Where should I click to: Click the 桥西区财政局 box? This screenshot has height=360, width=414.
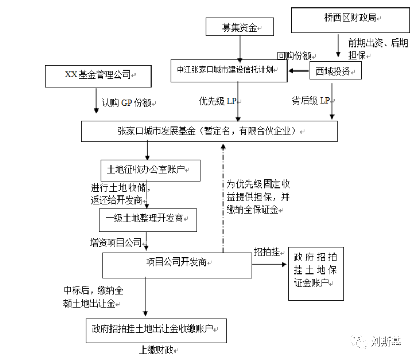point(351,20)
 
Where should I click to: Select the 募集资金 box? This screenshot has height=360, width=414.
point(240,27)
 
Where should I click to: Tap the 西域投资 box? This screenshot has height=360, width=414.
point(336,71)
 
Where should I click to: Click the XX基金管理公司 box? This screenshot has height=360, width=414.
point(98,76)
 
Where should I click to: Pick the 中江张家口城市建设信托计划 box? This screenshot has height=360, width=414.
point(229,71)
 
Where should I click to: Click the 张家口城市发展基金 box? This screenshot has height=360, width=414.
point(209,131)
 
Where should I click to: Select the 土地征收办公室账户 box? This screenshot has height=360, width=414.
point(150,170)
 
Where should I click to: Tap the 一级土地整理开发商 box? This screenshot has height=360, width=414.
point(148,220)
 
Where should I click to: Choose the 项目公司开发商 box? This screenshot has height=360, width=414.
point(177,265)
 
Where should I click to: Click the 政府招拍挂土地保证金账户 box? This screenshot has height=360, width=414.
point(316,273)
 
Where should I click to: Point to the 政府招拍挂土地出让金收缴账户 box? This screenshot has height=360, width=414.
point(156,331)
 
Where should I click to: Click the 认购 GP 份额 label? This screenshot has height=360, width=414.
point(126,103)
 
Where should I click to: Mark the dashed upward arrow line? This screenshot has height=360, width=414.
point(223,199)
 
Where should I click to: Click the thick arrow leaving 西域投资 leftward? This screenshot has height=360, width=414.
point(299,71)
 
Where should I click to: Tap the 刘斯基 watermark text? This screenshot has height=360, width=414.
point(386,342)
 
